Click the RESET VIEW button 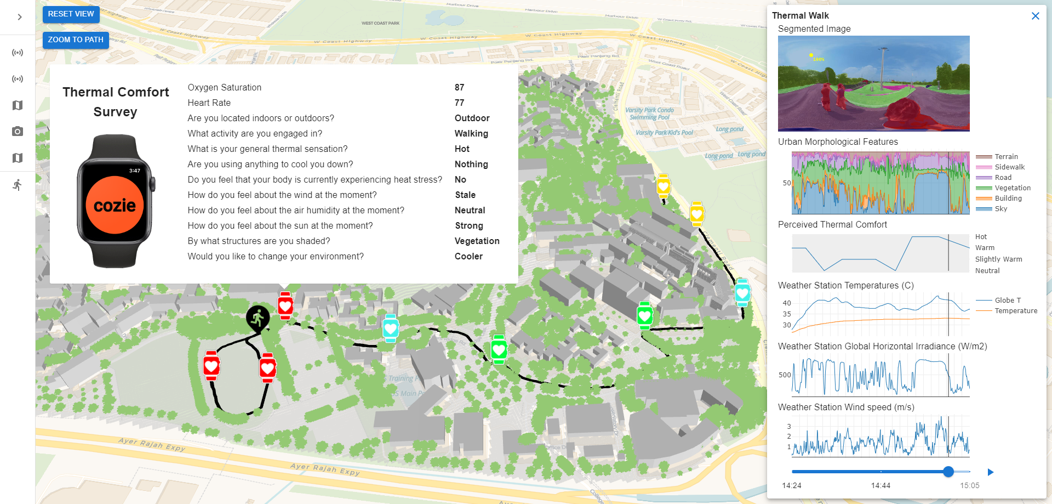click(71, 14)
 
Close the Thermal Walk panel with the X click(1035, 16)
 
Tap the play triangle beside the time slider click(990, 472)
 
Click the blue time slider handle click(948, 472)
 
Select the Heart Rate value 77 click(459, 103)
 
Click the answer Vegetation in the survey click(477, 241)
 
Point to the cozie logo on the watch click(115, 206)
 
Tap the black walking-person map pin click(258, 318)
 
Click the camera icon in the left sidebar click(18, 132)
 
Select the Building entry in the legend click(1008, 199)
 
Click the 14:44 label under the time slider click(881, 485)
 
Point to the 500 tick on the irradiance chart click(785, 375)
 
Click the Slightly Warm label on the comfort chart click(998, 259)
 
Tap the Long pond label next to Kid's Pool click(729, 129)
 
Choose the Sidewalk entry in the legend click(1009, 167)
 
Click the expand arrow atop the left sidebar click(20, 17)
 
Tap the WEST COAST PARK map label click(380, 23)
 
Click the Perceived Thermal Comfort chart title click(832, 225)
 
